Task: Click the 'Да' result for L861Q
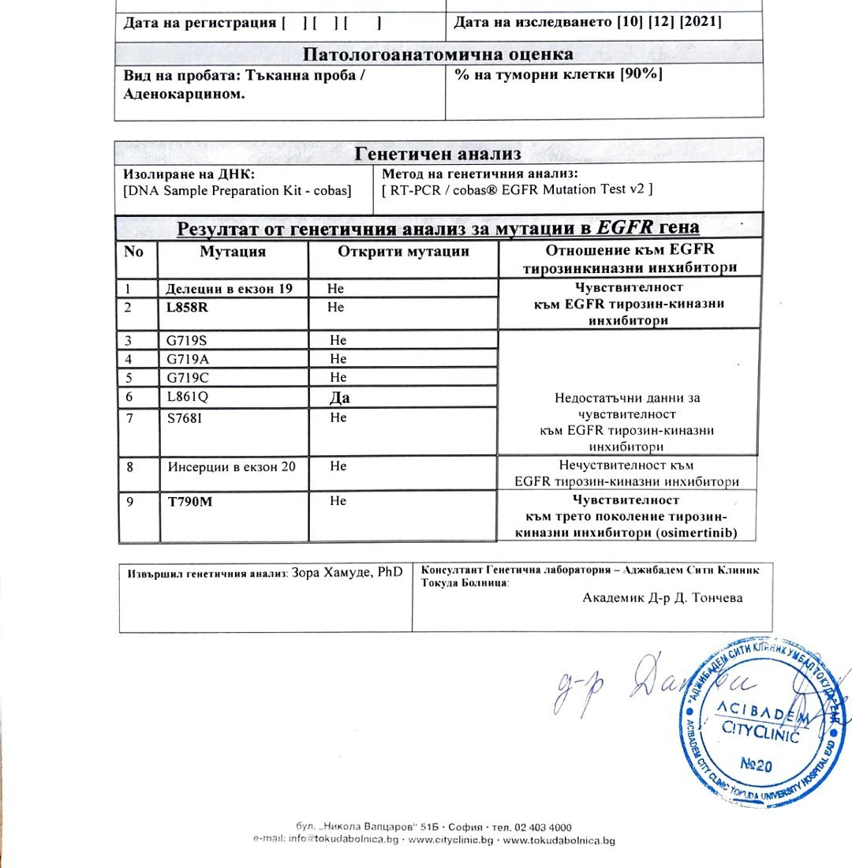pyautogui.click(x=339, y=398)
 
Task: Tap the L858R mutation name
pyautogui.click(x=188, y=307)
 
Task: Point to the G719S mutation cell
pyautogui.click(x=186, y=341)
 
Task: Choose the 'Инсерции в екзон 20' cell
pyautogui.click(x=232, y=466)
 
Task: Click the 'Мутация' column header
pyautogui.click(x=232, y=253)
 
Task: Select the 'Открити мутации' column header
pyautogui.click(x=403, y=252)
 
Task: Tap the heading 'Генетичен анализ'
pyautogui.click(x=438, y=152)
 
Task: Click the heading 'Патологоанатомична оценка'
pyautogui.click(x=438, y=54)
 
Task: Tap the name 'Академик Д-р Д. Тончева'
pyautogui.click(x=662, y=597)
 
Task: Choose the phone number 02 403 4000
pyautogui.click(x=543, y=826)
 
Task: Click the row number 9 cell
pyautogui.click(x=130, y=501)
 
